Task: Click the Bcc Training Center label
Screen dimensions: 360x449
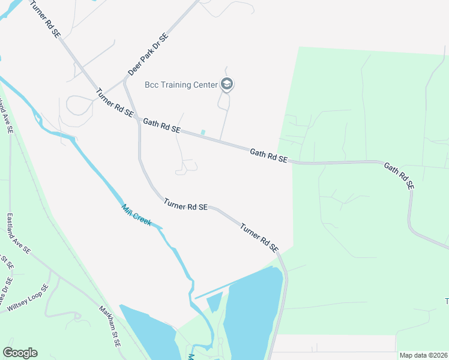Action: (x=181, y=85)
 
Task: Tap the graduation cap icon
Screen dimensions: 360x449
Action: (x=227, y=84)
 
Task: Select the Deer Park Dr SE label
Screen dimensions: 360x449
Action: (x=148, y=55)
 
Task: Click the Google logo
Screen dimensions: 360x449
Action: (x=20, y=353)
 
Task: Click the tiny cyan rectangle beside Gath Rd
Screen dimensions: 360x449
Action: (x=203, y=132)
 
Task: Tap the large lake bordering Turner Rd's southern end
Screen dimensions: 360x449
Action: (x=252, y=312)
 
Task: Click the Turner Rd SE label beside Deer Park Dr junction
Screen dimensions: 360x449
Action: (x=114, y=103)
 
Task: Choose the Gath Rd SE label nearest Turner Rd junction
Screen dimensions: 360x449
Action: (x=161, y=125)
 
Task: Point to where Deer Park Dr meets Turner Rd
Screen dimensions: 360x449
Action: (x=124, y=80)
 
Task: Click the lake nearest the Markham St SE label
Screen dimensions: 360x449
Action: (x=147, y=330)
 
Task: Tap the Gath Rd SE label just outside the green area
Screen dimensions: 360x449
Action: (x=269, y=156)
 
